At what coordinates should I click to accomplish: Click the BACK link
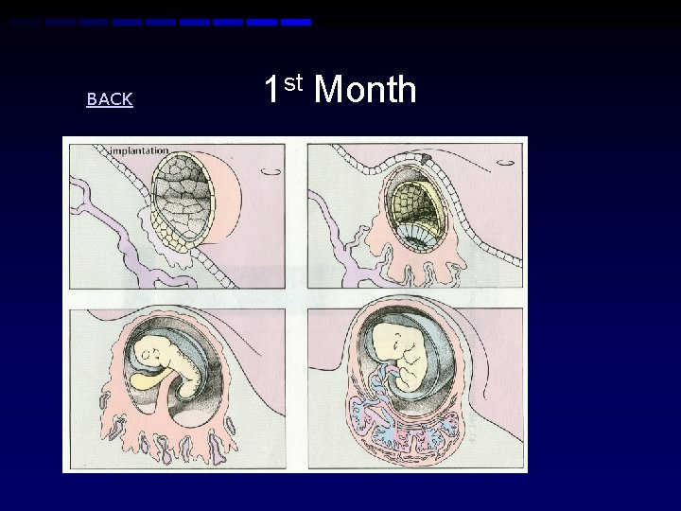[110, 99]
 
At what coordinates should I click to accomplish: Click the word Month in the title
[364, 91]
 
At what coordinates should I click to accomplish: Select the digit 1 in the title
[271, 91]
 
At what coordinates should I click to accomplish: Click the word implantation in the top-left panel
[139, 150]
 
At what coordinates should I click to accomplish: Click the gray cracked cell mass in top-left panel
[179, 195]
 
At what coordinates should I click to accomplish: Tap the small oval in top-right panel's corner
[507, 163]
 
